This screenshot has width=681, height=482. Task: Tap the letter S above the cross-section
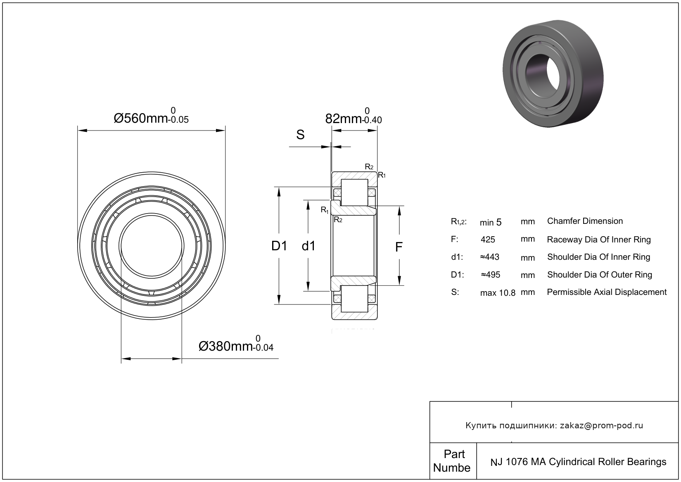tap(300, 135)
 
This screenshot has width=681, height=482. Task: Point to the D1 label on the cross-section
tap(279, 246)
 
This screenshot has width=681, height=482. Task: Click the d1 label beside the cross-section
tap(308, 246)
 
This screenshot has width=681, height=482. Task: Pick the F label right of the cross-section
tap(399, 247)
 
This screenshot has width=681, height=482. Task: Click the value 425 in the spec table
tap(488, 240)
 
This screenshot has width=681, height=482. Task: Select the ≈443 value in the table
tap(489, 257)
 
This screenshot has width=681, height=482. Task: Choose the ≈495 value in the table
tap(490, 275)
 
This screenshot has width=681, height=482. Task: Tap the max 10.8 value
tap(498, 293)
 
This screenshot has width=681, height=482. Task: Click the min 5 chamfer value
tap(491, 222)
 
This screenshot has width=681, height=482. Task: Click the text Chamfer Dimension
tap(585, 221)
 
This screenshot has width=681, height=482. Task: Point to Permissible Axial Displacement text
tap(607, 292)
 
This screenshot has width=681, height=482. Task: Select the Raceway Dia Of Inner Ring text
tap(598, 240)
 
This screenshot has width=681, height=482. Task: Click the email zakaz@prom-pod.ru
tap(601, 425)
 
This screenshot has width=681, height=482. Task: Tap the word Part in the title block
tap(454, 454)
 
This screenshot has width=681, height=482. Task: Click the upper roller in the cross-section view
tap(354, 192)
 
